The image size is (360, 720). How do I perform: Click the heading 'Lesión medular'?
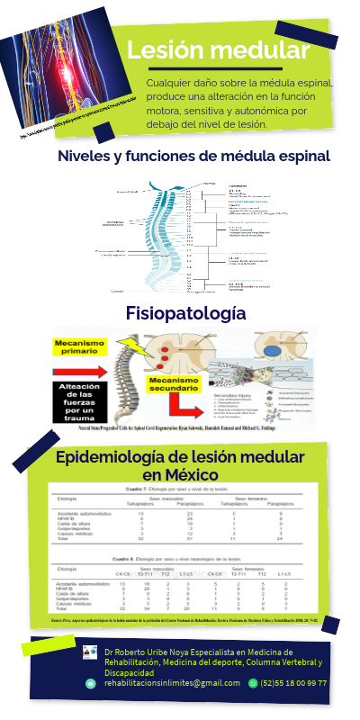[219, 50]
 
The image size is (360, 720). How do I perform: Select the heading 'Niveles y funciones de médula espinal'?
[193, 157]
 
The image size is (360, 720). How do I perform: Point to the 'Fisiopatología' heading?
[186, 313]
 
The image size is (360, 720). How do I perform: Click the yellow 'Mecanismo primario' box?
[80, 346]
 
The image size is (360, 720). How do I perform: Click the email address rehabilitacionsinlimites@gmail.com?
[159, 683]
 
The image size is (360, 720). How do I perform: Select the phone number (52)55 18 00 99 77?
[293, 683]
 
